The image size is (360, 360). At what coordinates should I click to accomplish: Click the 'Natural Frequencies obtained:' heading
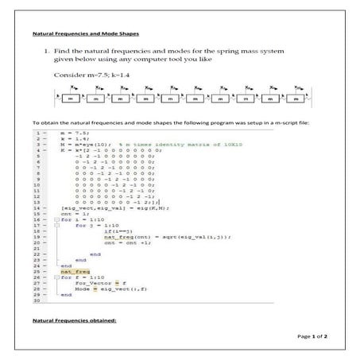tap(64, 319)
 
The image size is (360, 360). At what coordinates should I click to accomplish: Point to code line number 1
tap(37, 134)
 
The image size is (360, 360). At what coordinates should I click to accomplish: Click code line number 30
tap(37, 300)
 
